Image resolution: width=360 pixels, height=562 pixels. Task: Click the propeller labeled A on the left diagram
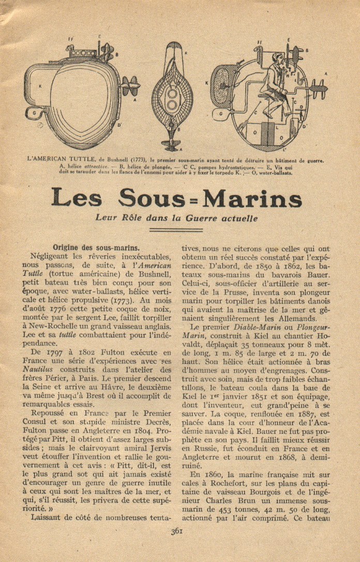(x=130, y=86)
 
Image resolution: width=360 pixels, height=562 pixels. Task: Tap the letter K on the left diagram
(x=40, y=86)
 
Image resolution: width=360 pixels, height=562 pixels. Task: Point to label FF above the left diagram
(x=70, y=40)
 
